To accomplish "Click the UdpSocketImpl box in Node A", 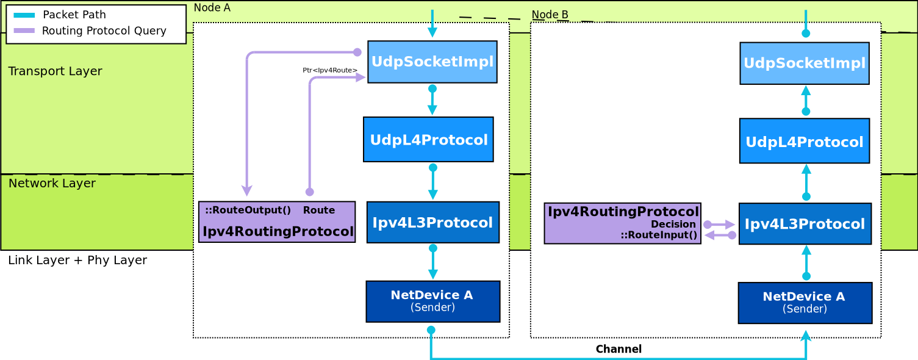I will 432,62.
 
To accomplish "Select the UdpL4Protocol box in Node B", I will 804,141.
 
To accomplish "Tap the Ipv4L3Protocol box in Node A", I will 432,222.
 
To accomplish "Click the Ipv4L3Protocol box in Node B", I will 805,224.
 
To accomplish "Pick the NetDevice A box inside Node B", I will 805,303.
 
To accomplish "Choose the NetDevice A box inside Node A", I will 432,301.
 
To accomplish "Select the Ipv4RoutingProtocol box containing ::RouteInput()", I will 622,223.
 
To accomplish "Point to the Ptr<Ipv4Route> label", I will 330,71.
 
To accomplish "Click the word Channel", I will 618,349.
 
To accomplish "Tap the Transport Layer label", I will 55,71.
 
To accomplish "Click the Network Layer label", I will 52,183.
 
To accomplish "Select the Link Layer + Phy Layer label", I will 77,260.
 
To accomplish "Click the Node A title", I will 212,8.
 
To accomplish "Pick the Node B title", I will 550,15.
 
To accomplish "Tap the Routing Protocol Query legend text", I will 104,31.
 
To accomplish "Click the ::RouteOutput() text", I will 248,211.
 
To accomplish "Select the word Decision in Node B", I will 673,225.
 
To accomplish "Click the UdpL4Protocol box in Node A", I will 428,140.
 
